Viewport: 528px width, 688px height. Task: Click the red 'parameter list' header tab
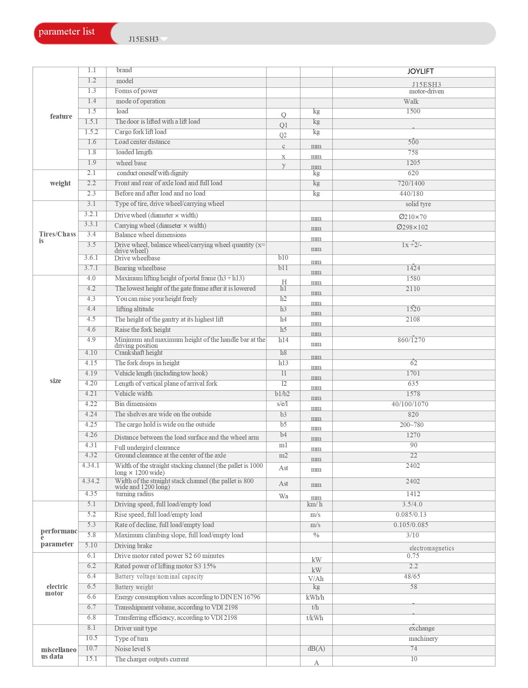[x=67, y=32]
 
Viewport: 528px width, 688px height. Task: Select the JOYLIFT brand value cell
[x=420, y=71]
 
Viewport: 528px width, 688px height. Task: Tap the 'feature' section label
[x=61, y=116]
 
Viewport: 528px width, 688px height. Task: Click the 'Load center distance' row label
[x=142, y=142]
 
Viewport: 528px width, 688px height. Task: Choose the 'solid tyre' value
[x=418, y=204]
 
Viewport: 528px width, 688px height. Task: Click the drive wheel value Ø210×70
[x=413, y=217]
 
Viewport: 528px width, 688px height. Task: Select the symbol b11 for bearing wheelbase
[x=283, y=268]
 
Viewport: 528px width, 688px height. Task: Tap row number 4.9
[x=91, y=340]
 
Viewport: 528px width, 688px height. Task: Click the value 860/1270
[x=411, y=340]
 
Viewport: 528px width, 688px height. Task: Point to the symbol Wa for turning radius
[x=283, y=496]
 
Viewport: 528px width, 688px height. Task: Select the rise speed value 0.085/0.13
[x=411, y=515]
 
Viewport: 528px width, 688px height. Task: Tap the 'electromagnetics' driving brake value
[x=432, y=548]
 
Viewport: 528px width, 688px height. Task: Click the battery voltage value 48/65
[x=412, y=577]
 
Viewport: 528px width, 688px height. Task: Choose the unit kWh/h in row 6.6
[x=315, y=598]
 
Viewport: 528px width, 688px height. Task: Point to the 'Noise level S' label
[x=132, y=649]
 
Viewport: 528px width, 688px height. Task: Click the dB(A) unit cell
[x=316, y=649]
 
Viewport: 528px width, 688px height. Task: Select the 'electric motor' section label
[x=57, y=590]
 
